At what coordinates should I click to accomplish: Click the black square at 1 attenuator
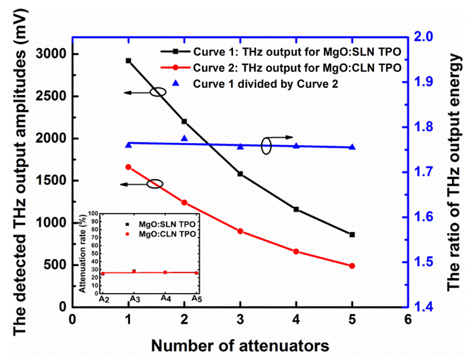coord(128,60)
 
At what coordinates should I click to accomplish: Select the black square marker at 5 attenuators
coord(352,235)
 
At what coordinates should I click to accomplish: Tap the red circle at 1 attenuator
coord(128,167)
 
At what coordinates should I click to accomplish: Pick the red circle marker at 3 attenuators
coord(240,231)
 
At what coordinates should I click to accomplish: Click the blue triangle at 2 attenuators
coord(184,138)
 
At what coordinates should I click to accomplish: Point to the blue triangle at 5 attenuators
coord(352,146)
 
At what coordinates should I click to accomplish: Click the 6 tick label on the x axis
coord(407,319)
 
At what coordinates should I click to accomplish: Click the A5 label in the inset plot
coord(197,299)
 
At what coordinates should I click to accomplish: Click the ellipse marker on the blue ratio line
coord(268,146)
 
